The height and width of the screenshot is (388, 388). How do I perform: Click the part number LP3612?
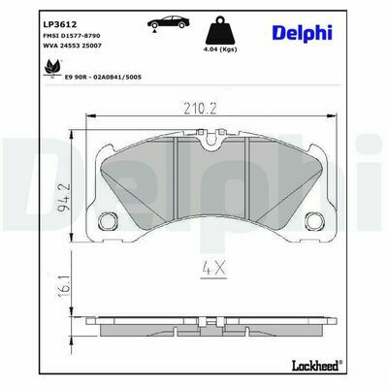click(x=60, y=24)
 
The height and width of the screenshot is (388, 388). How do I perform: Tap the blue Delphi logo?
click(x=303, y=34)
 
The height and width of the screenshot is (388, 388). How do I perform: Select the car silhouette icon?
click(x=168, y=22)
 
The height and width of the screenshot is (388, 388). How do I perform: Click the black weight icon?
click(x=221, y=30)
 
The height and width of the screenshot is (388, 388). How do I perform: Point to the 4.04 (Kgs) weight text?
click(x=221, y=49)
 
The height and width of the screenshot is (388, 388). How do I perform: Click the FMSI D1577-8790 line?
click(x=72, y=36)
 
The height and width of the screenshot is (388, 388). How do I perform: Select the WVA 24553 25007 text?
click(x=72, y=46)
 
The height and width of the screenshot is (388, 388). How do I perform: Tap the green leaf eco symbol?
click(x=52, y=67)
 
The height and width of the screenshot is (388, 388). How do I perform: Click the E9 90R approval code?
click(x=103, y=77)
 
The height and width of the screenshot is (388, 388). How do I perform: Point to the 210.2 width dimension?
click(x=200, y=109)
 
